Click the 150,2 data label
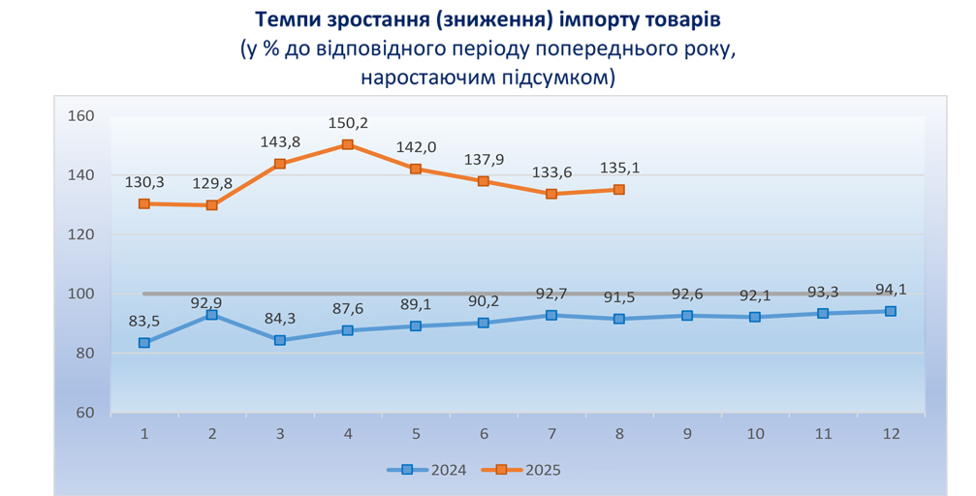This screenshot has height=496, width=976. (x=348, y=123)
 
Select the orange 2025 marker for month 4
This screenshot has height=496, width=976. (x=348, y=145)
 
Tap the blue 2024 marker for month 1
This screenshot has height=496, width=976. (x=144, y=343)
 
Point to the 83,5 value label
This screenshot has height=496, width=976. (x=144, y=321)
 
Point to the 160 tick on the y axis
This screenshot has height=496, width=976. (x=81, y=116)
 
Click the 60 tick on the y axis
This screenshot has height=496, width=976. (x=85, y=413)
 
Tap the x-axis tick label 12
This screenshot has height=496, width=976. (x=891, y=434)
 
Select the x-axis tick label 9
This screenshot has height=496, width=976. (x=687, y=434)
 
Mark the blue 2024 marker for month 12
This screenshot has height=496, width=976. (x=891, y=311)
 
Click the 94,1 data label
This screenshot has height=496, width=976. (x=891, y=289)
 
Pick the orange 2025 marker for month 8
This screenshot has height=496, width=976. (x=619, y=190)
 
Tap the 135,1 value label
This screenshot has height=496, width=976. (x=619, y=168)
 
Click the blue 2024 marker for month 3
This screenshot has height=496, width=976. (x=280, y=340)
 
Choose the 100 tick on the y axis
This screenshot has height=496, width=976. (x=81, y=294)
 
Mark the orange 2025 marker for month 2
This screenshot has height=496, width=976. (x=212, y=205)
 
